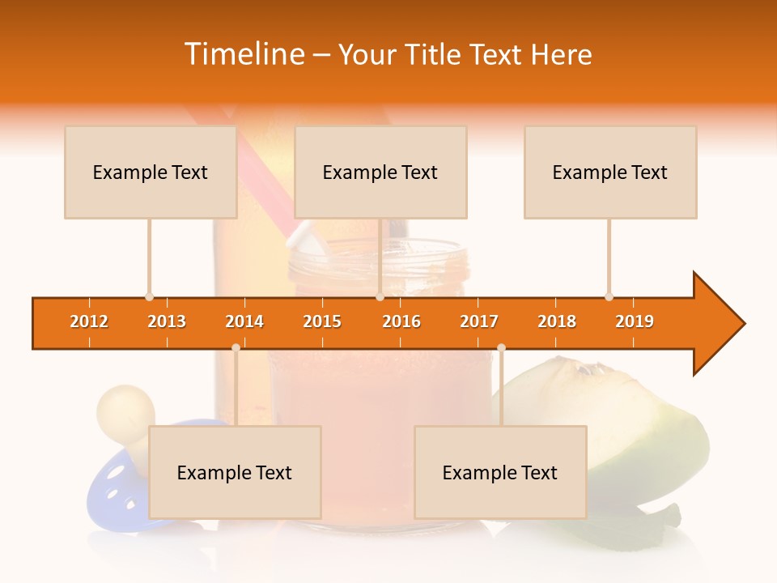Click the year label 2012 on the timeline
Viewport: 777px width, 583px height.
[x=89, y=321]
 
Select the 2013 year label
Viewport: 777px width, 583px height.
[x=167, y=321]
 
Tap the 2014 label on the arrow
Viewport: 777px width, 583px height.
[x=244, y=321]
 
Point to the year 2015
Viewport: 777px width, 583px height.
[x=322, y=321]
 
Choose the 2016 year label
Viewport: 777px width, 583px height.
[x=401, y=321]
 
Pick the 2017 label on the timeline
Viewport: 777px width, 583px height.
[x=479, y=321]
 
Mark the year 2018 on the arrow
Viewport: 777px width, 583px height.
[x=557, y=321]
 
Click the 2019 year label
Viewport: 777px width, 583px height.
[x=635, y=321]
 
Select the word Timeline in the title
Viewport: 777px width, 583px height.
[x=244, y=54]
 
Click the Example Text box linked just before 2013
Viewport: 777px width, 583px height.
[x=151, y=172]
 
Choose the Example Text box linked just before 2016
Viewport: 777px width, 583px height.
[x=380, y=172]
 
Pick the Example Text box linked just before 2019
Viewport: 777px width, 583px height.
[x=610, y=172]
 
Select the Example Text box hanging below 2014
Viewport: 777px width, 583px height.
[x=235, y=472]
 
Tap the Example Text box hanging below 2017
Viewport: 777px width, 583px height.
[x=500, y=472]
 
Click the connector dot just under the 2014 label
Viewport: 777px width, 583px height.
[x=236, y=347]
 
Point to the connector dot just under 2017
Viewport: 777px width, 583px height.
[x=501, y=347]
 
